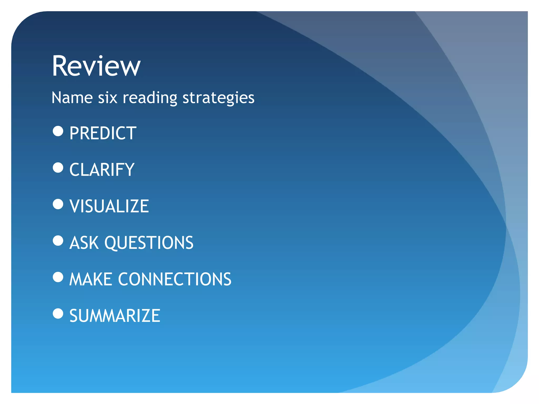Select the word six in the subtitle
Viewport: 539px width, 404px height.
[x=107, y=98]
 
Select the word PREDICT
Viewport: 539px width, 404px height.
[x=103, y=133]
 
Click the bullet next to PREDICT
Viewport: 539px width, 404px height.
[x=58, y=131]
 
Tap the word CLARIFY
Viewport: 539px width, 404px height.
[x=102, y=170]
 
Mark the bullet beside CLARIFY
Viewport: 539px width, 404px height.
[x=58, y=168]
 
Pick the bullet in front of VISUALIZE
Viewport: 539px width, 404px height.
[x=58, y=204]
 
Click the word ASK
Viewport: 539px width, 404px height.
[x=84, y=243]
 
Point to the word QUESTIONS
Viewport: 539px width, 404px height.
[x=149, y=243]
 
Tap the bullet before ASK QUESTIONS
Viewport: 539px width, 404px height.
[x=58, y=240]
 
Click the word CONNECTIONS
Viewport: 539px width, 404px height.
[x=175, y=279]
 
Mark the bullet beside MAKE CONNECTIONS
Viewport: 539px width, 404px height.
[x=58, y=277]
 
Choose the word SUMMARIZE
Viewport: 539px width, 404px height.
[x=115, y=316]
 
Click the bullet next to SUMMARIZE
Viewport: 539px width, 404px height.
[x=58, y=314]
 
